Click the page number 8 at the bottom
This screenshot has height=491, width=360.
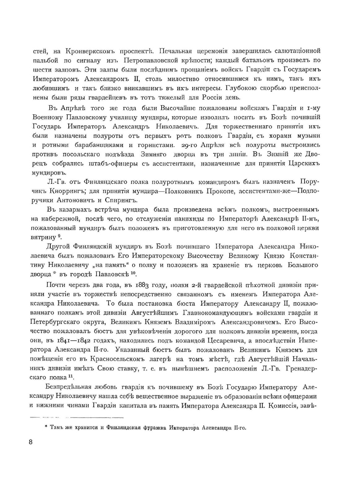tap(31, 442)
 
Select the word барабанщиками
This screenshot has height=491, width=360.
tap(99, 145)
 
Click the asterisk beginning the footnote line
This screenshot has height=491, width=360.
tap(46, 427)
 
